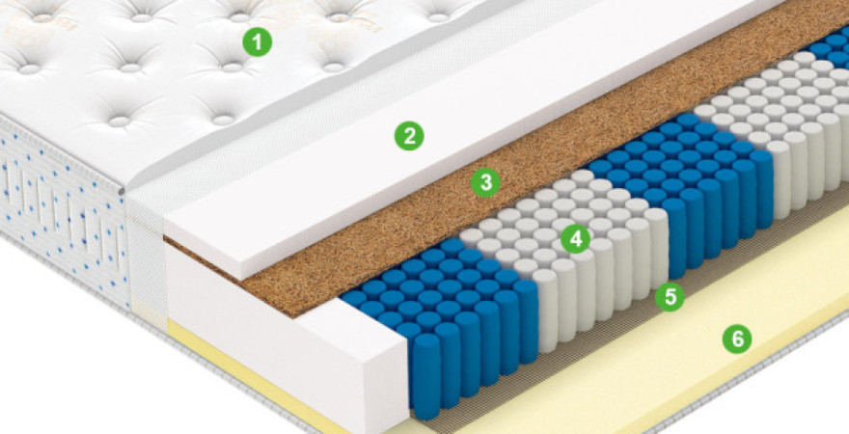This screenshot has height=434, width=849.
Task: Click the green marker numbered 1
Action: pos(258,41)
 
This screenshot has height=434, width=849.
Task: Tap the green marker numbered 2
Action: pos(409,136)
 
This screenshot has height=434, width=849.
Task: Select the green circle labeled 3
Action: pos(485,183)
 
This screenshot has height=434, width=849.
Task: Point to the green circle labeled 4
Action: pos(575,239)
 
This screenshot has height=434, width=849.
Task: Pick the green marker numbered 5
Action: pos(670,296)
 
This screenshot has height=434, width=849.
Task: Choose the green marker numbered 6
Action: pos(737,339)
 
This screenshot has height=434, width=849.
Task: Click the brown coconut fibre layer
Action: pos(541,162)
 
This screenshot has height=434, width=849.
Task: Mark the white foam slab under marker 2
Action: pos(460,135)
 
